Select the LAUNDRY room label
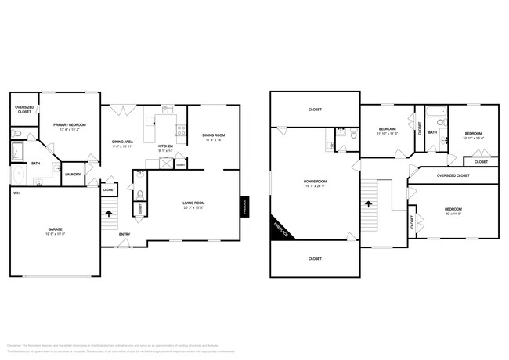[x=73, y=175]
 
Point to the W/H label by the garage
[x=16, y=192]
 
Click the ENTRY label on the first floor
[x=125, y=234]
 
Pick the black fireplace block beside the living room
[x=244, y=207]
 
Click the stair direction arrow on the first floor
[x=110, y=211]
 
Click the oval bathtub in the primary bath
[x=17, y=174]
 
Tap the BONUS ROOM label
[x=315, y=181]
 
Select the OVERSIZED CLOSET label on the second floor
[x=453, y=176]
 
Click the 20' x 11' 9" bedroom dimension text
[x=454, y=214]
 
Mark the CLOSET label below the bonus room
[x=315, y=258]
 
